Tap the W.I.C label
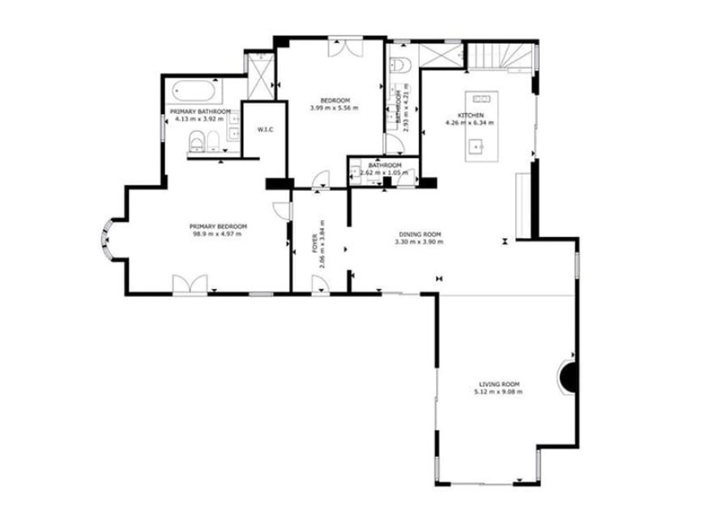(x=264, y=130)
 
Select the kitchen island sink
(x=476, y=146)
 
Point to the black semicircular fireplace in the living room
(x=570, y=376)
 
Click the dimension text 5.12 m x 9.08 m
(x=499, y=392)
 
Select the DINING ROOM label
(x=418, y=235)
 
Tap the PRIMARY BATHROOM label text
(x=200, y=112)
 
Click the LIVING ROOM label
(x=499, y=384)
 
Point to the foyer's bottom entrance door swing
(x=319, y=283)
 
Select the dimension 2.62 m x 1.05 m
(x=379, y=172)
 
